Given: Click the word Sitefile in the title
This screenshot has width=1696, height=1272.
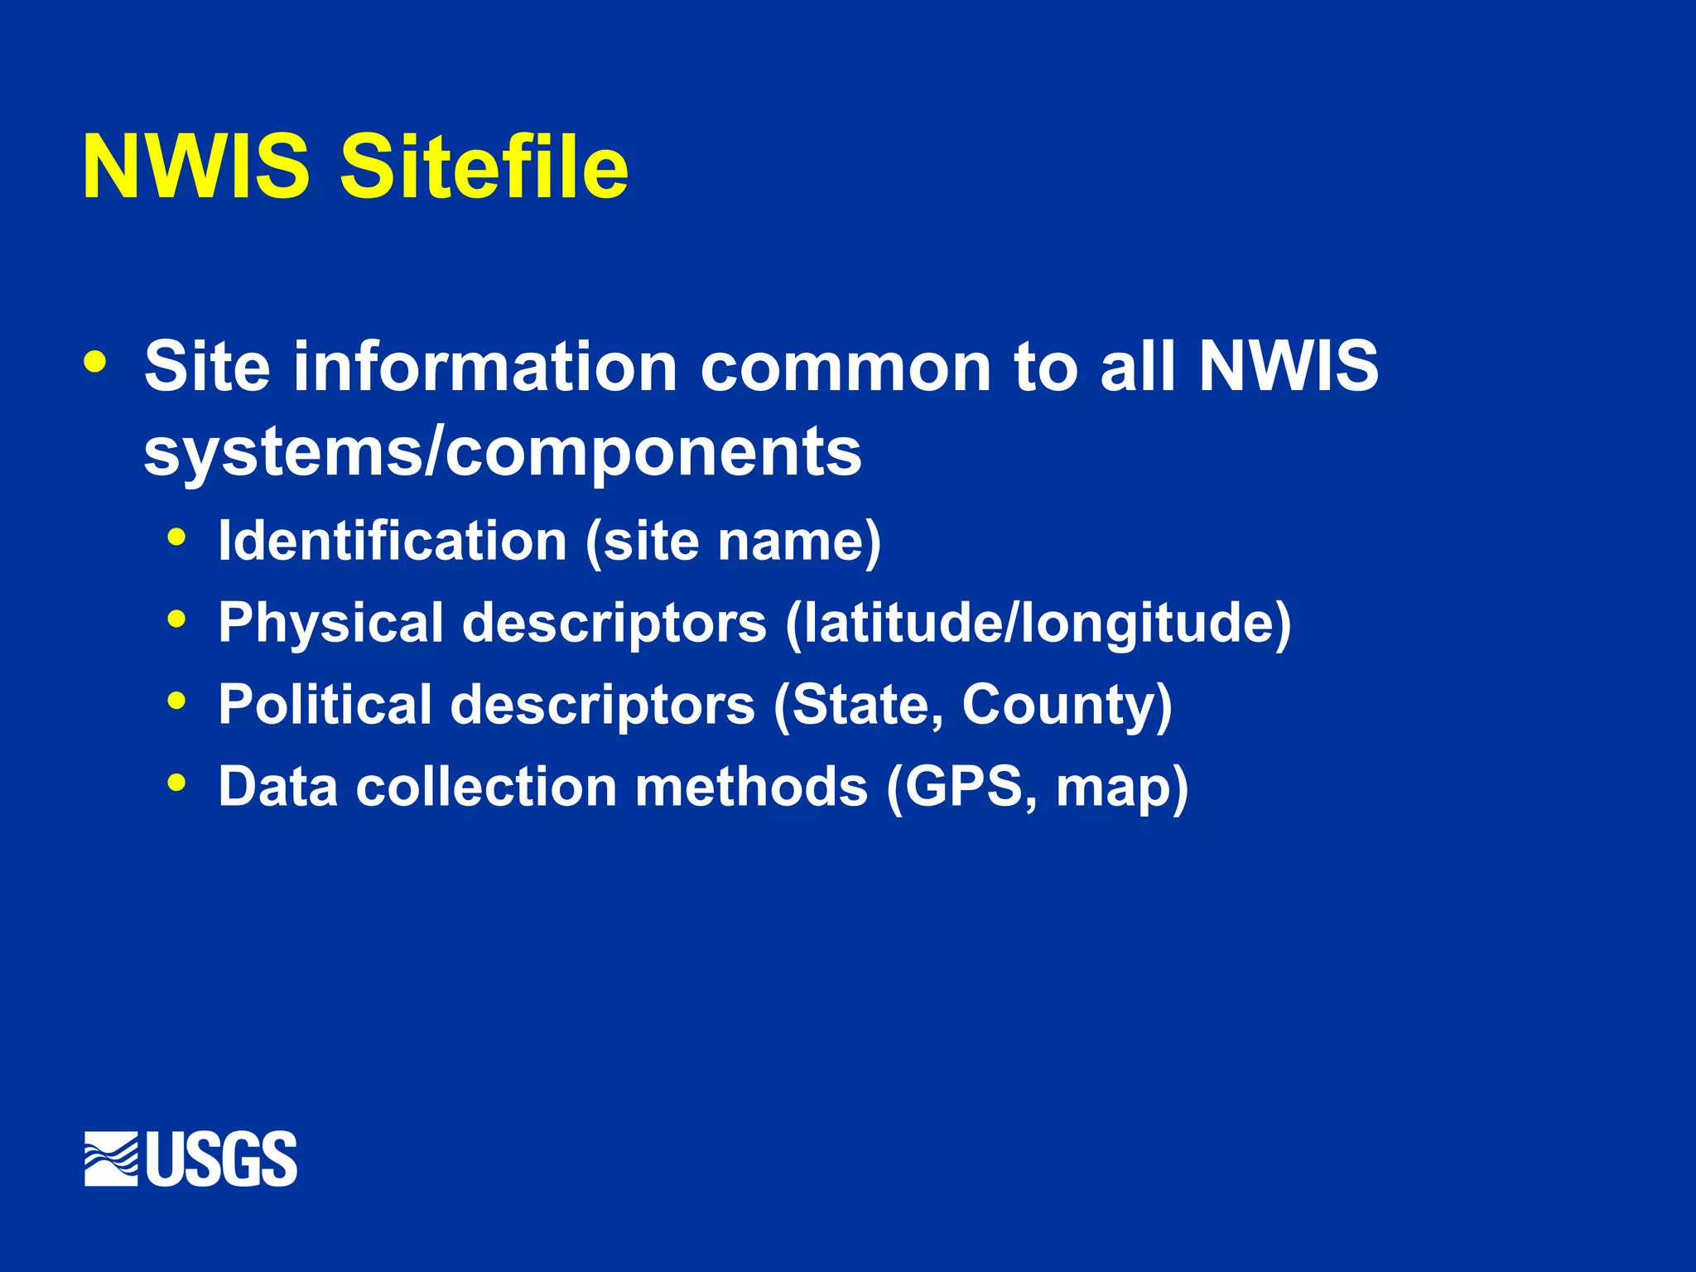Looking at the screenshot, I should coord(484,167).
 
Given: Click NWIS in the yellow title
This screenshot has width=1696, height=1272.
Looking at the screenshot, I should coord(196,167).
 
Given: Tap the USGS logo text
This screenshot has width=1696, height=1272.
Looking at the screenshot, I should coord(222,1159).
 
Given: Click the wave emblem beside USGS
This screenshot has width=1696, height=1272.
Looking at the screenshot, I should coord(111,1159).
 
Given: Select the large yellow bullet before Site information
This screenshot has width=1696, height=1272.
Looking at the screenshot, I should coord(94,362).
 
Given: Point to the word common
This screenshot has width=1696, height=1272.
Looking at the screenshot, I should coord(846,366).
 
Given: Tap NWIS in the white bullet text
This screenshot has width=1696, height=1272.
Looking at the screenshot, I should coord(1289,366).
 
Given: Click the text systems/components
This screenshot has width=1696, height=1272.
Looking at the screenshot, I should coord(503,452).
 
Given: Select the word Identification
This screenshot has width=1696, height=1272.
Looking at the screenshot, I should coord(393,541).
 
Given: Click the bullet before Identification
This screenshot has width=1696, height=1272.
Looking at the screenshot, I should coord(176,537).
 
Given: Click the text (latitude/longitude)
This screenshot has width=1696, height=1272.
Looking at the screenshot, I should coord(1038,624).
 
